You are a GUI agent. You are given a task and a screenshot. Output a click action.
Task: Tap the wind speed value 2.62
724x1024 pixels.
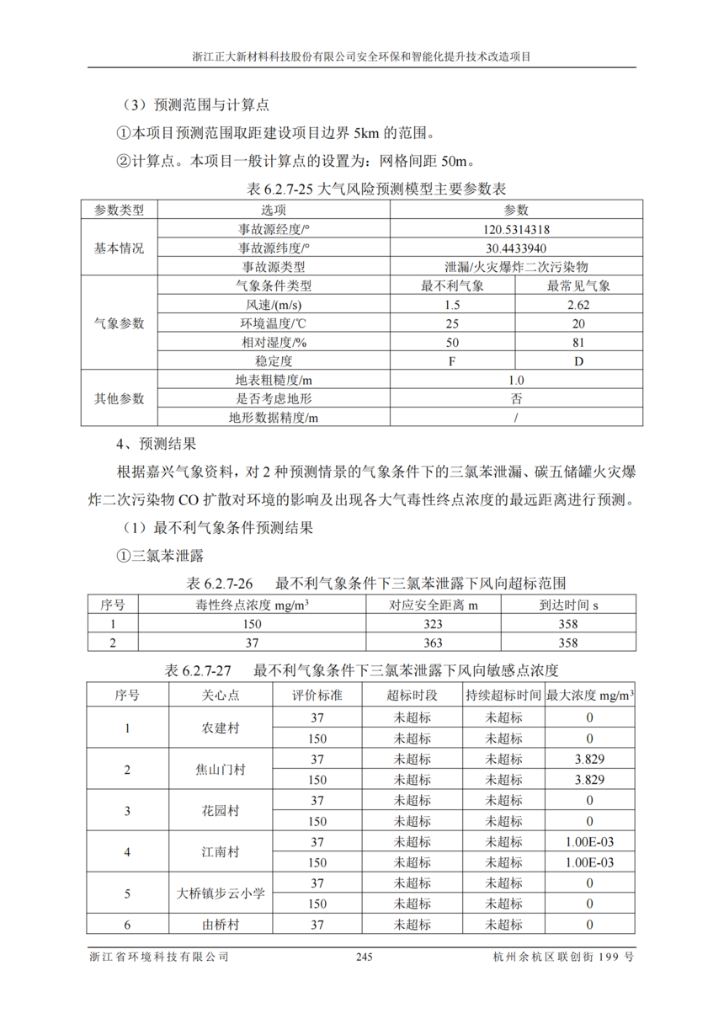pos(578,305)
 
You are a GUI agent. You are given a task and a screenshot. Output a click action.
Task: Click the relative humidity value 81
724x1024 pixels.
pos(578,343)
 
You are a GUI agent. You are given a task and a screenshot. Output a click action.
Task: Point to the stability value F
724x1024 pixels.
pos(452,361)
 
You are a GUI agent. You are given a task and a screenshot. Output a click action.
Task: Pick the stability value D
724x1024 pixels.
pos(578,361)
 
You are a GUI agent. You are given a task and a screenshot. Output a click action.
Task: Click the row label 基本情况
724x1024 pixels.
pos(119,248)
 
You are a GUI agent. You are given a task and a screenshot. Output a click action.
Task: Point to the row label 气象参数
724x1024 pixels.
pos(119,323)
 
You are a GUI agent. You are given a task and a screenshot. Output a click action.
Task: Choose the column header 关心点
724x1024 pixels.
pos(221,696)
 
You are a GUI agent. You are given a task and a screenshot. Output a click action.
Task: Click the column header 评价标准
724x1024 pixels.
pos(317,696)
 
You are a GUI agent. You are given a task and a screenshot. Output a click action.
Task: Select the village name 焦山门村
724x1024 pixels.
pos(221,769)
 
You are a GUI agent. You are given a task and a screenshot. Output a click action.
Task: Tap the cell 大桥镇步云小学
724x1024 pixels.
pos(221,893)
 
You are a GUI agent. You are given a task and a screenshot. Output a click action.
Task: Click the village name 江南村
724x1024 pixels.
pos(221,851)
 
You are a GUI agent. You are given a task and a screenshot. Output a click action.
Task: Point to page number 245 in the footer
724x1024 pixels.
pos(364,957)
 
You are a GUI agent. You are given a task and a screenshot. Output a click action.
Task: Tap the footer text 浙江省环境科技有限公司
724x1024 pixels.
pos(159,957)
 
